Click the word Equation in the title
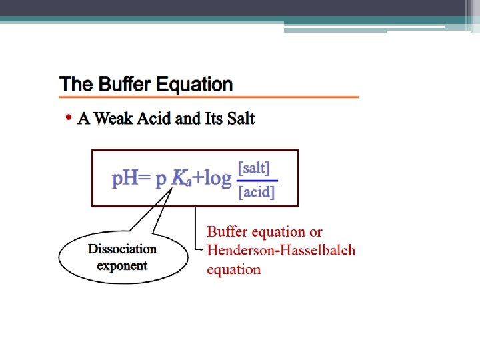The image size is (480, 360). [195, 85]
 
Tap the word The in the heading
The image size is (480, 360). [76, 85]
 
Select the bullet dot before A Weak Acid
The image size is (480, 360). [69, 117]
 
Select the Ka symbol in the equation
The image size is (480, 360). [181, 179]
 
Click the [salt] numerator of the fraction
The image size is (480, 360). [257, 167]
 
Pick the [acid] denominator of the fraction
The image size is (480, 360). [257, 193]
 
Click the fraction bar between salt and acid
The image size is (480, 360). [257, 180]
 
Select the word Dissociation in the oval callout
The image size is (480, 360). [123, 249]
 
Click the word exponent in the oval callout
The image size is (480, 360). [122, 265]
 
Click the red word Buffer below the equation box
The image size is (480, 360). [228, 232]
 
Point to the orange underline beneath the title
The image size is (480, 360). [209, 97]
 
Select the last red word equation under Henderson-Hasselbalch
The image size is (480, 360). [233, 269]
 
